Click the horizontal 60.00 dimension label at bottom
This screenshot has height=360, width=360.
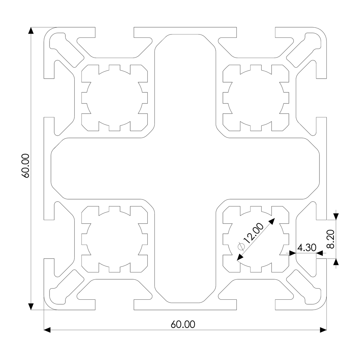183,325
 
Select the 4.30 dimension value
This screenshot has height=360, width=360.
306,248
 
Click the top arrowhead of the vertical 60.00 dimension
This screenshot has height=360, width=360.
31,31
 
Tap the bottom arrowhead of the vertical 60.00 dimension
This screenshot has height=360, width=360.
31,306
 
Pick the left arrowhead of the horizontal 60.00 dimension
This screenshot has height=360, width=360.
47,330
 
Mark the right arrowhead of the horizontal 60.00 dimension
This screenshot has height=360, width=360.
323,330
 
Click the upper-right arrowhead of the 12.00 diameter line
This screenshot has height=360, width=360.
271,221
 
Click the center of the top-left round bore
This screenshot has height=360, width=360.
114,98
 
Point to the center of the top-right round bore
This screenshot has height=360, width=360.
256,98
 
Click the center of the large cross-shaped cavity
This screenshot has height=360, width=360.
185,168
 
